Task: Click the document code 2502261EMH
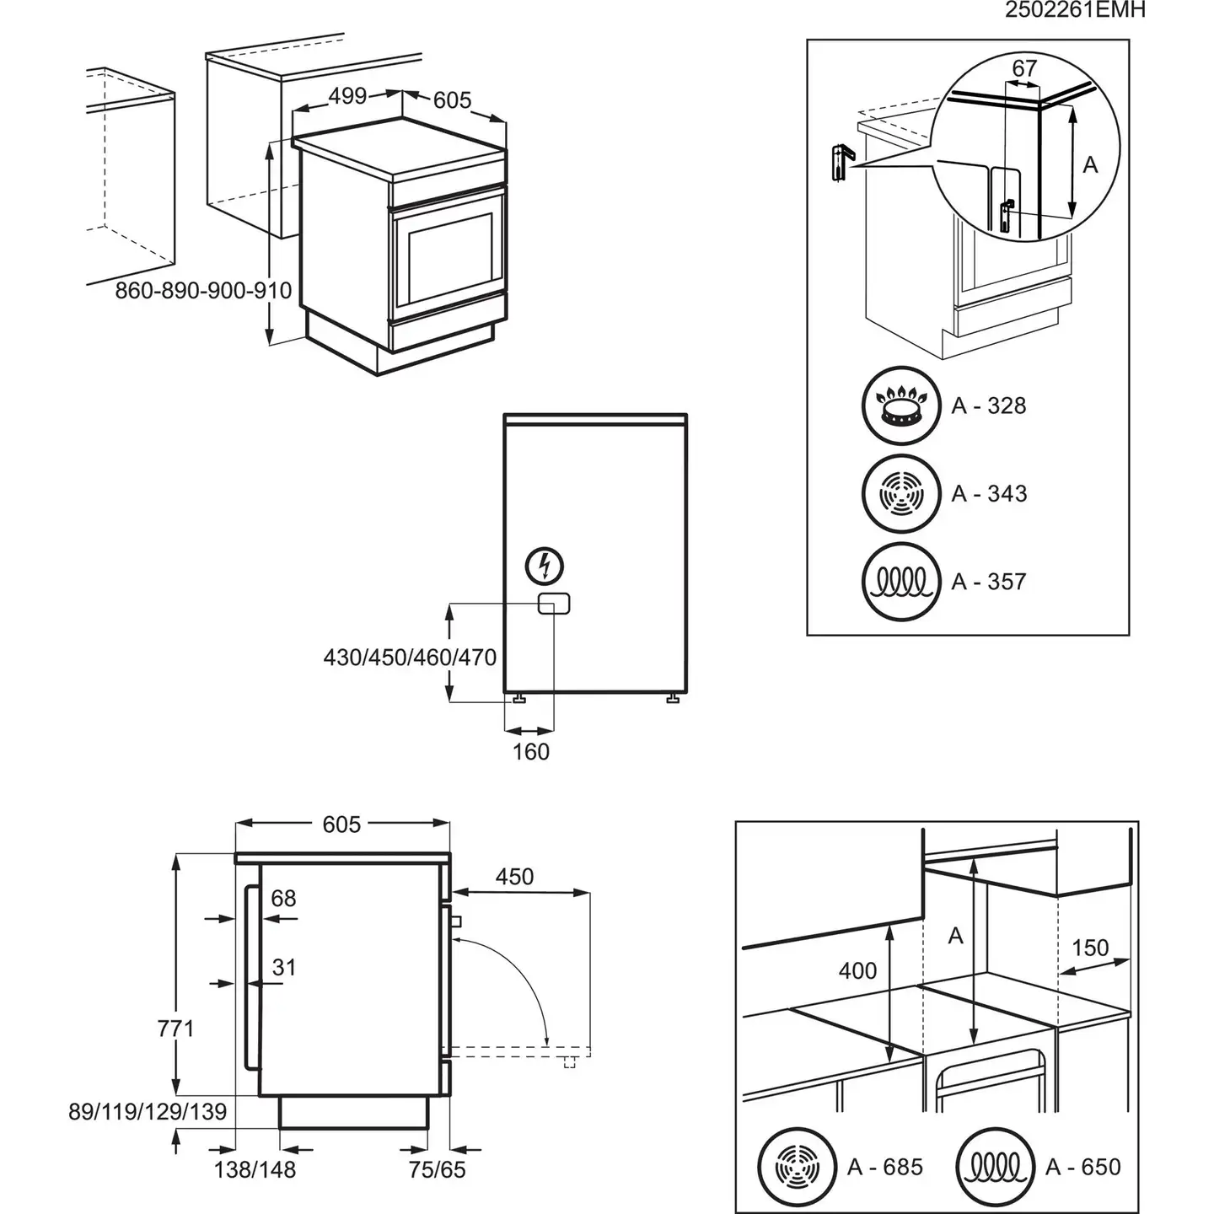[x=1075, y=10]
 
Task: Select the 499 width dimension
[x=347, y=96]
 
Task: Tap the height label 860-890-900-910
[x=203, y=291]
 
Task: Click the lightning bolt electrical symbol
[x=544, y=566]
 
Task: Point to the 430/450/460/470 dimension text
[x=410, y=657]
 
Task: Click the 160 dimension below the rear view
[x=531, y=751]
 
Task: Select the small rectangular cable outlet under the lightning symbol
[x=554, y=604]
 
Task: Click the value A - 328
[x=989, y=406]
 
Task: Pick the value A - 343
[x=989, y=493]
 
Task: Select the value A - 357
[x=989, y=582]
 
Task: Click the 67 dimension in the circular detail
[x=1024, y=67]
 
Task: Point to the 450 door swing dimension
[x=514, y=877]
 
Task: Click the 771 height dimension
[x=175, y=1029]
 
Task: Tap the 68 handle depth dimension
[x=283, y=899]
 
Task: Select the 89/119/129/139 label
[x=148, y=1112]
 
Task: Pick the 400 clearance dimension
[x=857, y=971]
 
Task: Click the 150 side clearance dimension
[x=1090, y=948]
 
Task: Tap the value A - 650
[x=1083, y=1167]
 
